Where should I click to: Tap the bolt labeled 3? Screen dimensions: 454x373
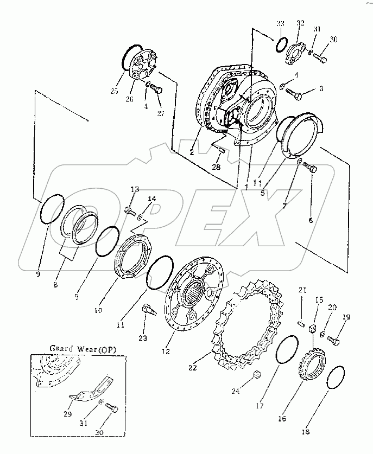point(295,94)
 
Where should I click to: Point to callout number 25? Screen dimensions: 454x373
point(113,91)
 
